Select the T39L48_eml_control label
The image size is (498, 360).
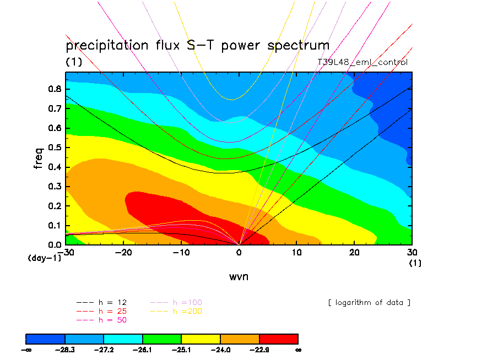[x=362, y=62]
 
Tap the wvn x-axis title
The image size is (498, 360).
[x=239, y=276]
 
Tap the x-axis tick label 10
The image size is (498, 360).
[x=296, y=252]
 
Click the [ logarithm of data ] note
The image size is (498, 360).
[x=369, y=302]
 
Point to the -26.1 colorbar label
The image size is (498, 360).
[x=142, y=349]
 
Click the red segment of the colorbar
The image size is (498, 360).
[x=278, y=338]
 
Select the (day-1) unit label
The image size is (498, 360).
[x=44, y=258]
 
